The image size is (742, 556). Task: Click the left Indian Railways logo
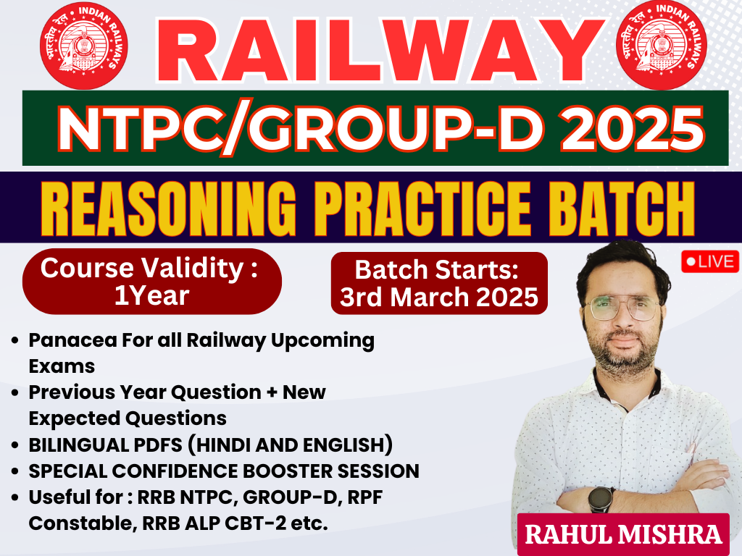(x=84, y=46)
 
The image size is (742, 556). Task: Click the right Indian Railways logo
(x=662, y=46)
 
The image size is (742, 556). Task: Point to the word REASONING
(x=169, y=208)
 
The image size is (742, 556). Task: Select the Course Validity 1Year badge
(x=152, y=282)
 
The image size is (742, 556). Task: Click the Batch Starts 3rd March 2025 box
(x=439, y=283)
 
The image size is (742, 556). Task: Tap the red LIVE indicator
(x=710, y=262)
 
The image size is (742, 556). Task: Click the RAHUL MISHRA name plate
(x=623, y=534)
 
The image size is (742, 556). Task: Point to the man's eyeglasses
(x=621, y=308)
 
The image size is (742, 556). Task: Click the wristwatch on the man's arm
(x=600, y=499)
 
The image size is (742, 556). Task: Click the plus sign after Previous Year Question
(x=272, y=392)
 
